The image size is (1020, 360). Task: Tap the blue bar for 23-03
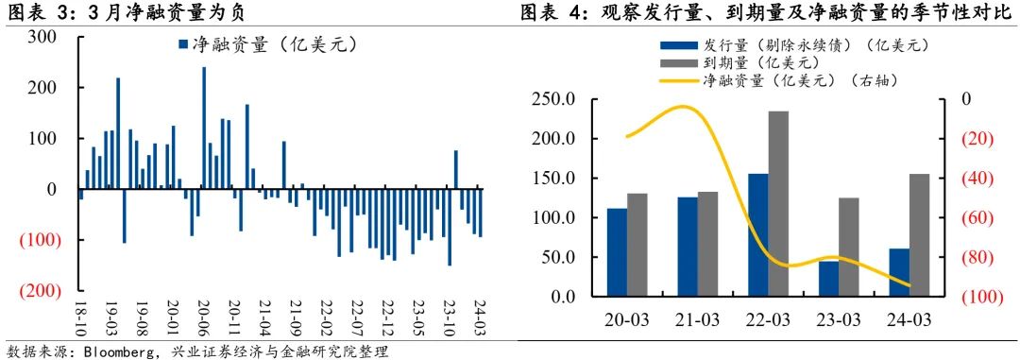point(828,279)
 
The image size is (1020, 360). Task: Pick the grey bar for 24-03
point(919,235)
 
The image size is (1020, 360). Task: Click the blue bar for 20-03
point(617,252)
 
